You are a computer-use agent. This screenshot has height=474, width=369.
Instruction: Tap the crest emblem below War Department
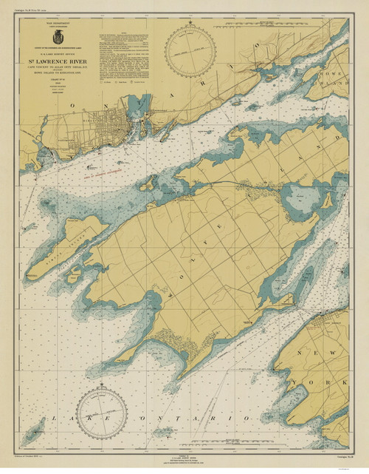click(x=57, y=35)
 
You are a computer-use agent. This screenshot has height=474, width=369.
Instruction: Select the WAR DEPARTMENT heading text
click(x=57, y=25)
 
